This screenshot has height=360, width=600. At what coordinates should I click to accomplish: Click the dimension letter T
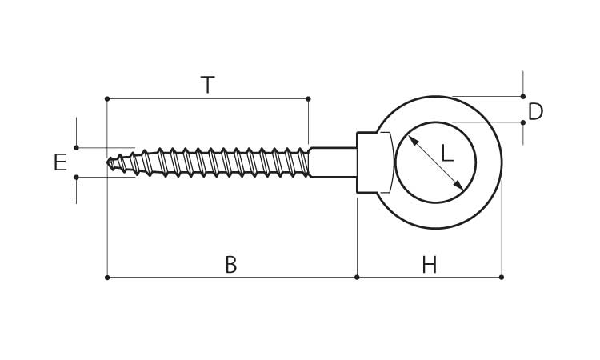pyautogui.click(x=207, y=85)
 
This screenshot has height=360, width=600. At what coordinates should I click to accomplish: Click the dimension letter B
pyautogui.click(x=230, y=265)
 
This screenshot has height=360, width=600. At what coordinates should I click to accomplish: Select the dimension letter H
pyautogui.click(x=430, y=265)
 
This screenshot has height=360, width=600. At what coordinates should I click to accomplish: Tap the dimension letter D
pyautogui.click(x=535, y=111)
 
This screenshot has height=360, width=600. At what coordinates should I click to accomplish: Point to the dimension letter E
pyautogui.click(x=60, y=163)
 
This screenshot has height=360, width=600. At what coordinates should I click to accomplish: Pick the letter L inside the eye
pyautogui.click(x=447, y=153)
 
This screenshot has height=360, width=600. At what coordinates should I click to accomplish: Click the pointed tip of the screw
pyautogui.click(x=109, y=162)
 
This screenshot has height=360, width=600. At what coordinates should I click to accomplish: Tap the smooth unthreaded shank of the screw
pyautogui.click(x=332, y=162)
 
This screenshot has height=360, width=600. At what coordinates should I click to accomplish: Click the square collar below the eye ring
pyautogui.click(x=373, y=162)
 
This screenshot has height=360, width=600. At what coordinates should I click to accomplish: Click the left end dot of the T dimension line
pyautogui.click(x=106, y=98)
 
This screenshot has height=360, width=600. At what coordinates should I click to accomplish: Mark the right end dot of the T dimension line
pyautogui.click(x=308, y=98)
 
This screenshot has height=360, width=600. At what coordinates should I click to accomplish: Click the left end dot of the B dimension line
pyautogui.click(x=106, y=277)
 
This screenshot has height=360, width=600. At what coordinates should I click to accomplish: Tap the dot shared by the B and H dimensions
pyautogui.click(x=356, y=277)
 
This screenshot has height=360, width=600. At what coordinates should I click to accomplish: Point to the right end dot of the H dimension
pyautogui.click(x=502, y=277)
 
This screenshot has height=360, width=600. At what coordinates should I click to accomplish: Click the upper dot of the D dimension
pyautogui.click(x=523, y=96)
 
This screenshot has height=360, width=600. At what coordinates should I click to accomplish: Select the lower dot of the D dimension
pyautogui.click(x=523, y=122)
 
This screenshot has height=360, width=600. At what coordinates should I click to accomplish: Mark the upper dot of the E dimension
pyautogui.click(x=76, y=147)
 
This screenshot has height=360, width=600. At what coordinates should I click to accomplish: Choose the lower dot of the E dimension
pyautogui.click(x=76, y=177)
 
